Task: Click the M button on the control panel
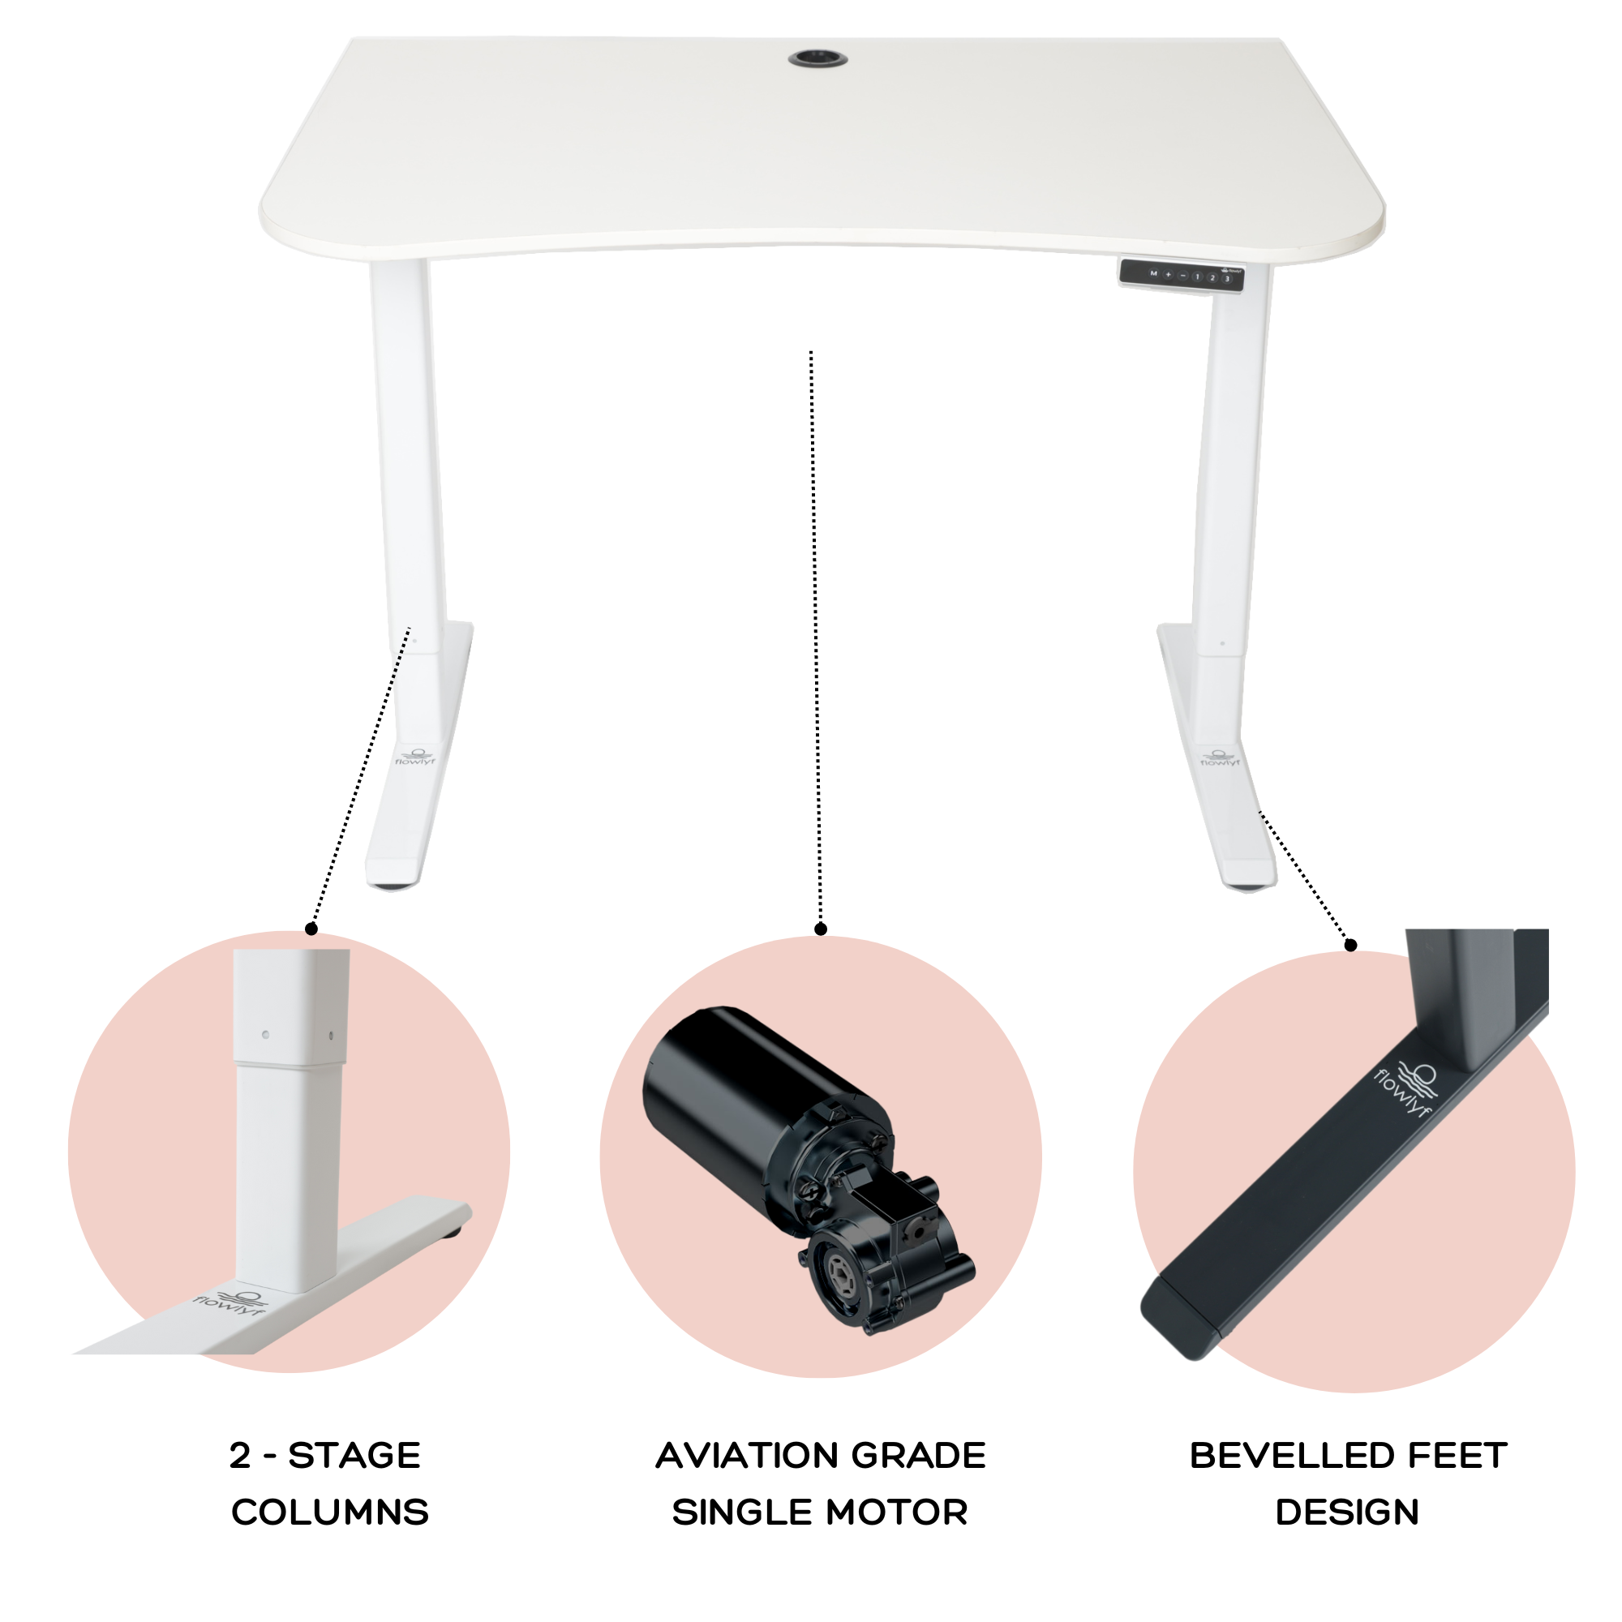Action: point(1153,273)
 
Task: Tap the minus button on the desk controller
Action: point(1183,276)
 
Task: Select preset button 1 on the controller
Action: point(1197,277)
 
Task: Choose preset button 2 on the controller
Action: point(1212,277)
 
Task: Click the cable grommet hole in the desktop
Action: point(817,58)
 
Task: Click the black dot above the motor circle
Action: point(821,929)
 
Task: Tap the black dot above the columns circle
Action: point(311,929)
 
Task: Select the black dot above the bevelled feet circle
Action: point(1351,946)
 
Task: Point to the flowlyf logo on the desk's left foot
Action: point(414,757)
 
